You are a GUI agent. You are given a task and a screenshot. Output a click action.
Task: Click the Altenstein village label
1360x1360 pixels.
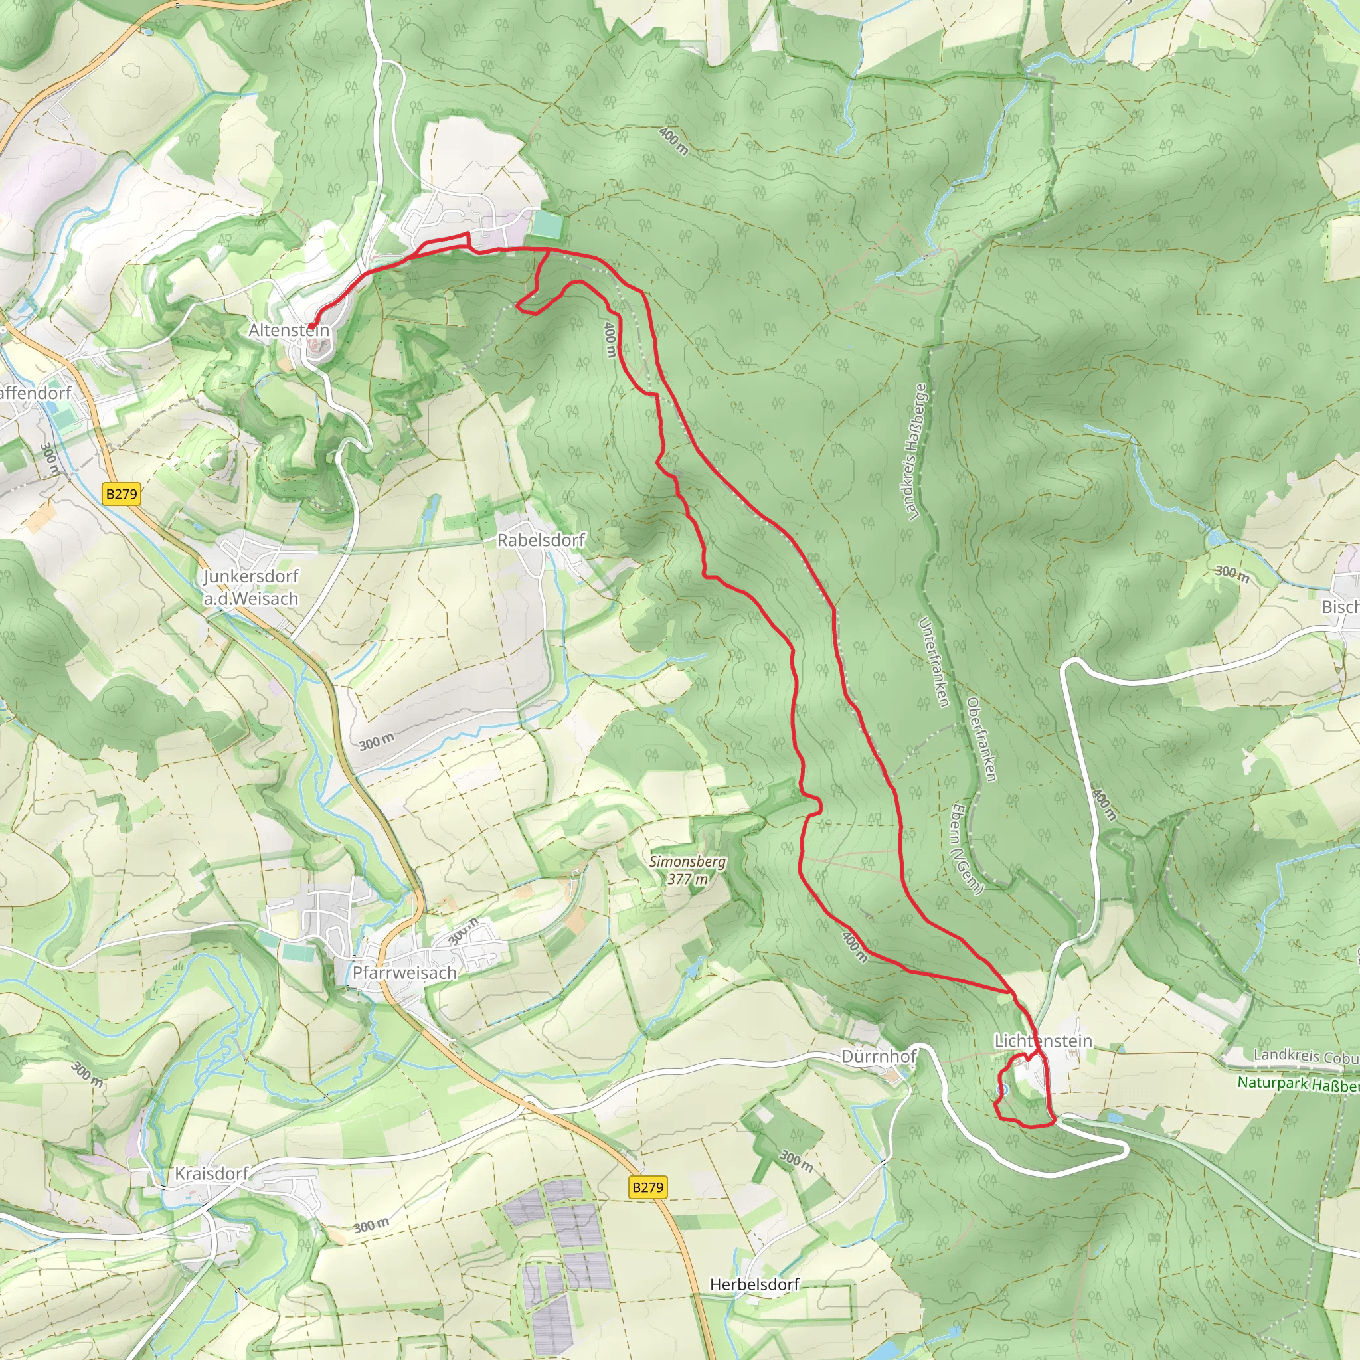[x=289, y=329]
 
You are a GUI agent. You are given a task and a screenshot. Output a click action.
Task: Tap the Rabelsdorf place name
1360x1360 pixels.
[x=541, y=540]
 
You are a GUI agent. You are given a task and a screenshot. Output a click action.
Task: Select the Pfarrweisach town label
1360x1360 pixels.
[x=404, y=972]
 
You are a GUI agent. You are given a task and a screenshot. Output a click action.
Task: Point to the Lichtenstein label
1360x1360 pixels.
[x=1043, y=1041]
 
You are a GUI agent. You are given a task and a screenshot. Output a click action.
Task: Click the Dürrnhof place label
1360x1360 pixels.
[x=879, y=1056]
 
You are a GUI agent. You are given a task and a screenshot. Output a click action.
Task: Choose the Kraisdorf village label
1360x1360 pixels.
[x=212, y=1173]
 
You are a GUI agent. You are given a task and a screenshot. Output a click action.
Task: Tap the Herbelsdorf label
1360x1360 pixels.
[x=754, y=1284]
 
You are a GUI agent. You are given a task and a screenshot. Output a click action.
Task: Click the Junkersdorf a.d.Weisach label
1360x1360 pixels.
[x=251, y=587]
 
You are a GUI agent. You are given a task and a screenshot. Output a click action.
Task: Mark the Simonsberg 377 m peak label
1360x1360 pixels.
[x=687, y=869]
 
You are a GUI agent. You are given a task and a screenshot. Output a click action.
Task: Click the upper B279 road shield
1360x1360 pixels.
[x=122, y=493]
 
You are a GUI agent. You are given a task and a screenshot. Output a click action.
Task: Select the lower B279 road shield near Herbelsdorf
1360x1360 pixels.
[x=647, y=1187]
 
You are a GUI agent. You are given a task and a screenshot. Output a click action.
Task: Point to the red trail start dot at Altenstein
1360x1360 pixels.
[x=311, y=326]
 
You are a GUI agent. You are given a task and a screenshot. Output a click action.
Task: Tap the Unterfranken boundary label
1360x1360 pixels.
[x=935, y=661]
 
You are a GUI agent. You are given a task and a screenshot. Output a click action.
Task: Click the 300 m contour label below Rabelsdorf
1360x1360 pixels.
[x=377, y=741]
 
